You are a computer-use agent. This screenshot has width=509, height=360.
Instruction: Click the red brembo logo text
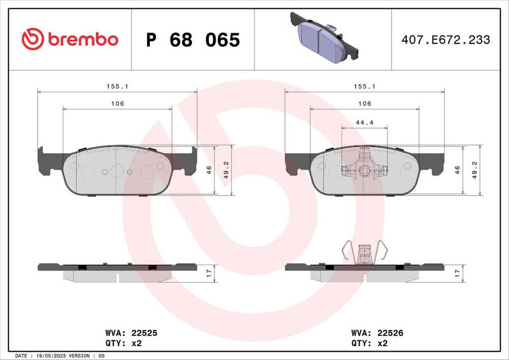[x=83, y=40]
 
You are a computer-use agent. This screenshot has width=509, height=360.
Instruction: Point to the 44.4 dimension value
[x=364, y=122]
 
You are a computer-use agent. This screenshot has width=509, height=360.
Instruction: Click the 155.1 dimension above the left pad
[x=117, y=87]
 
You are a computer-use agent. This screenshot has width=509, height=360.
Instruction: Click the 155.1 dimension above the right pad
[x=364, y=87]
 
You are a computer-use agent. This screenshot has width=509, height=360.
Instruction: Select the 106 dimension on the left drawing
[x=118, y=103]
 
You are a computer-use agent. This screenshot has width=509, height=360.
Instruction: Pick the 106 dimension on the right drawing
[x=364, y=103]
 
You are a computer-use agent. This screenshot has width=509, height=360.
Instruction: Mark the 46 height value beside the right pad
[x=457, y=170]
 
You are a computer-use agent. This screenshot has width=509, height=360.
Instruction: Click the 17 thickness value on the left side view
[x=209, y=274]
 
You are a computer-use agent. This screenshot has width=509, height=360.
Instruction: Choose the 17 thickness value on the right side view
[x=457, y=274]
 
